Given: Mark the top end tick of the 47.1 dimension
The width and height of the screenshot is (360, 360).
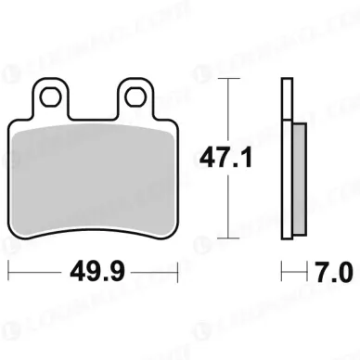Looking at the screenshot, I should point(225,81).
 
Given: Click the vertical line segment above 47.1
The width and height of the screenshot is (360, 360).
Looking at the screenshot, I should point(225,111).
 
